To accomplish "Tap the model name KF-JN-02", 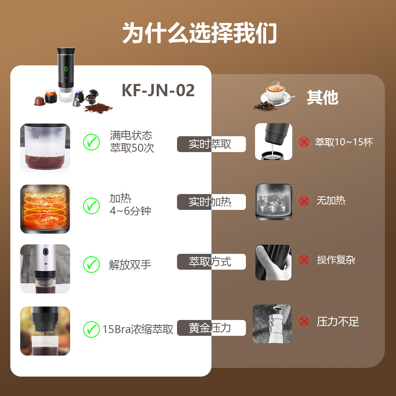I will click(158, 90).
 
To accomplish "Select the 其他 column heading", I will click(322, 97).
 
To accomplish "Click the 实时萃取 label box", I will click(211, 144).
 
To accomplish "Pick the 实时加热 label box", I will click(211, 202).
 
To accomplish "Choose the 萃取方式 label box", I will click(211, 262).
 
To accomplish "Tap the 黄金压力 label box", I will click(211, 328).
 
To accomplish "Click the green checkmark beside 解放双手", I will click(91, 264).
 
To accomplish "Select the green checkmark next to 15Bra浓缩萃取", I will click(91, 329).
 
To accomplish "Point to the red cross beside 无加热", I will click(304, 201).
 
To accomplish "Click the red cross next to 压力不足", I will click(304, 321).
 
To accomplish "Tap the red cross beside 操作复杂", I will click(304, 260).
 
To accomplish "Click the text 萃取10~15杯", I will click(344, 142).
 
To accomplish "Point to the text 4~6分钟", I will click(130, 211).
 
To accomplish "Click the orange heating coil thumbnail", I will click(45, 209).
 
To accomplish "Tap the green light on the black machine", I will click(66, 69).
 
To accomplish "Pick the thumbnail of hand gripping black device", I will click(273, 262).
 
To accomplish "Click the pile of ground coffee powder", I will click(97, 107).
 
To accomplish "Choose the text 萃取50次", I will click(132, 148).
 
